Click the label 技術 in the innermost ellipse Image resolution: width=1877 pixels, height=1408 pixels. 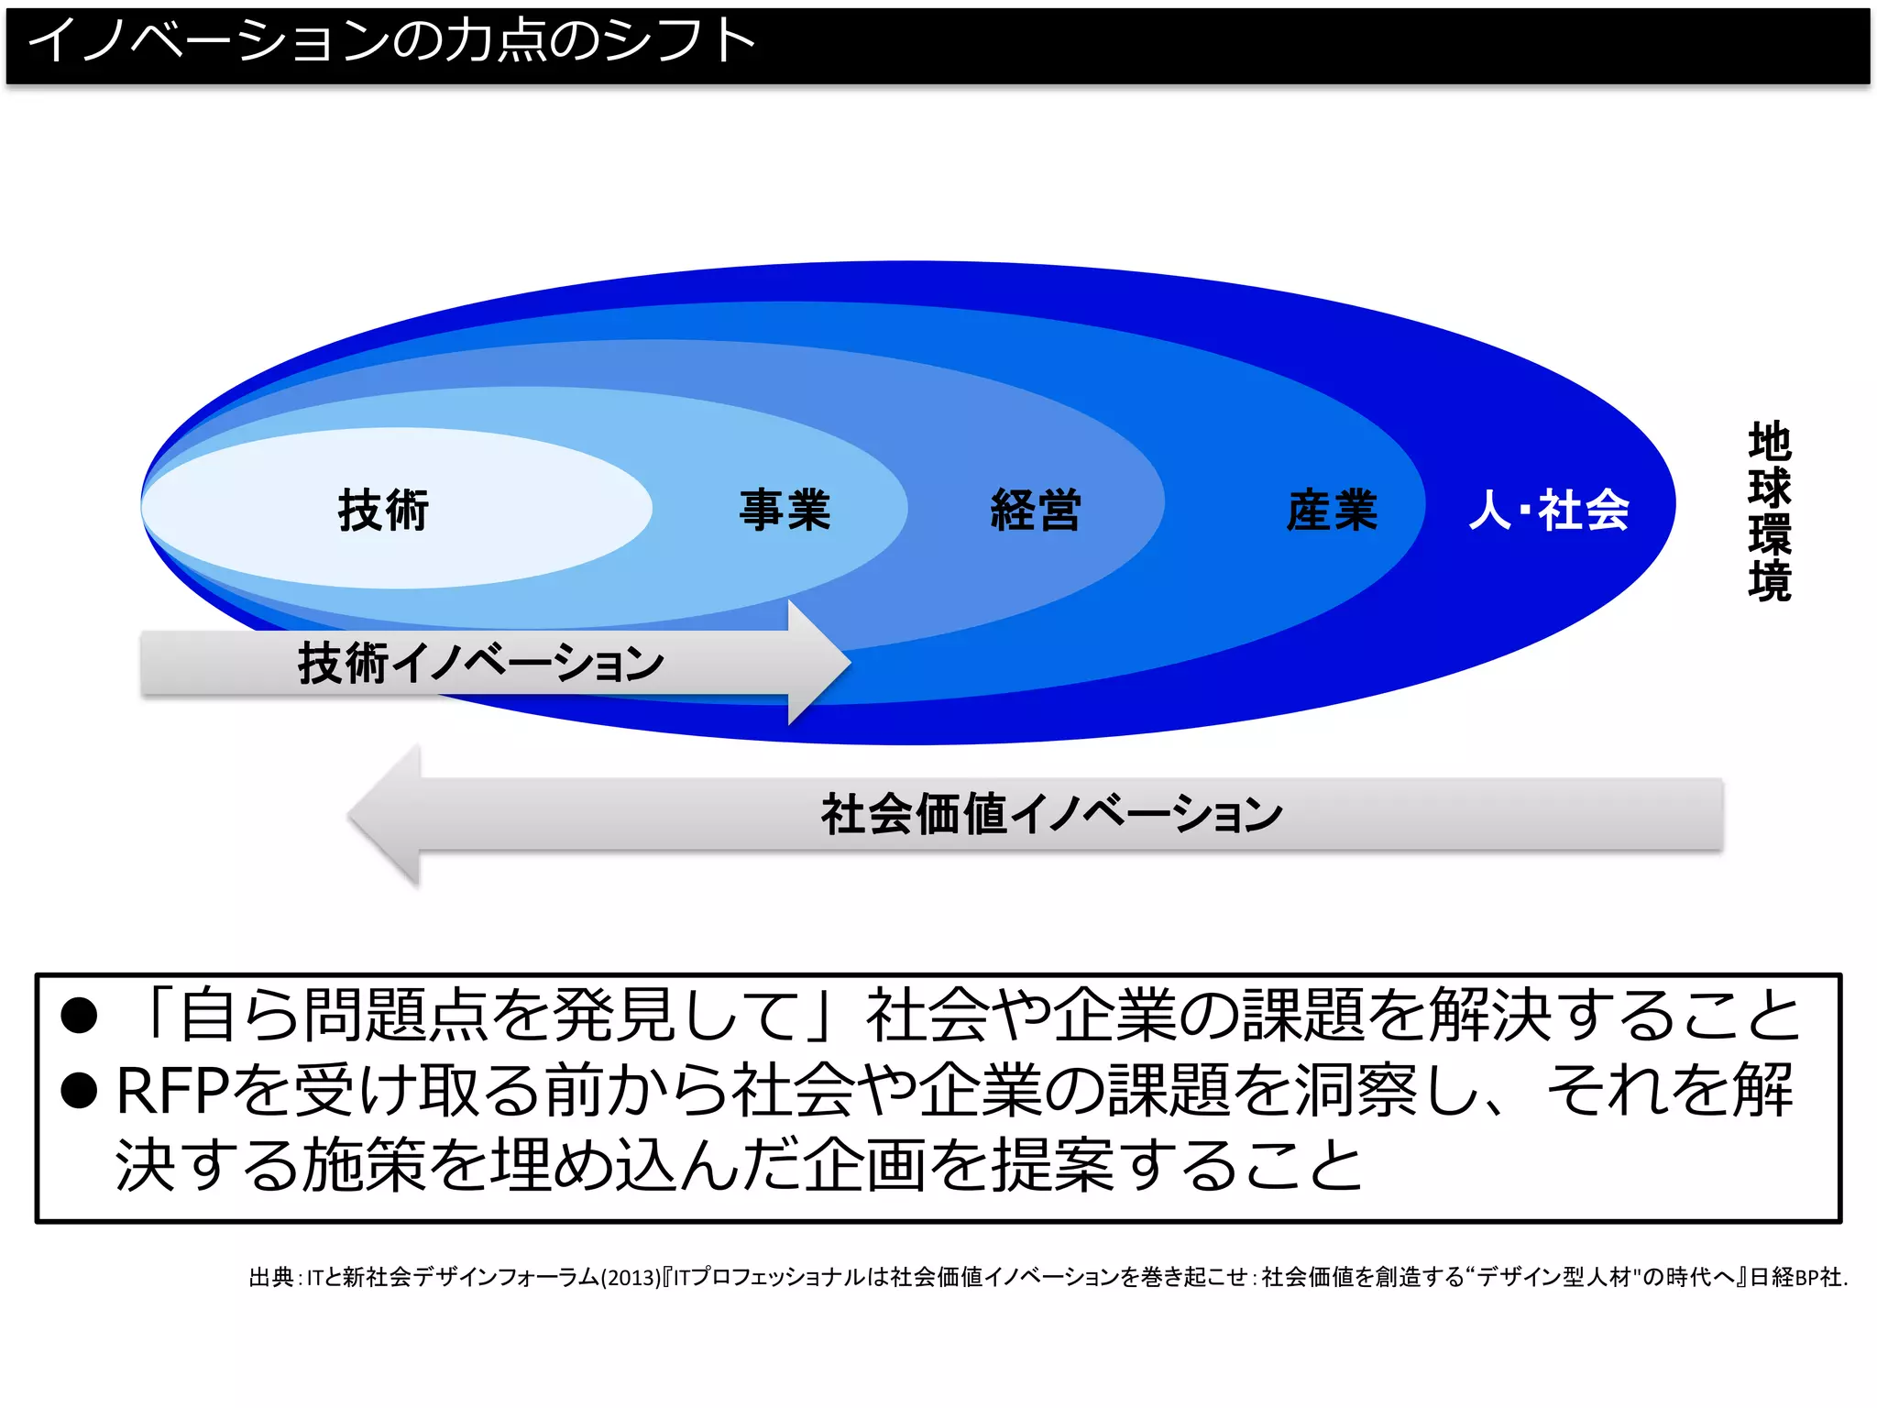(384, 510)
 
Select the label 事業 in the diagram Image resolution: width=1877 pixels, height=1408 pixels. (785, 510)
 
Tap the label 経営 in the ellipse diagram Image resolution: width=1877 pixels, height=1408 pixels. (1036, 510)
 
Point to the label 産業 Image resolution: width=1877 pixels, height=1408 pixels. (1332, 510)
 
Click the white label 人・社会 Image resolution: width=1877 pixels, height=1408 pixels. (1549, 510)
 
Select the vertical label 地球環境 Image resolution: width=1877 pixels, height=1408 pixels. (1769, 511)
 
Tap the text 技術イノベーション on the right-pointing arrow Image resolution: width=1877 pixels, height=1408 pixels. (481, 663)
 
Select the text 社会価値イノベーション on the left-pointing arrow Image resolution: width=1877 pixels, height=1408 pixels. (1051, 814)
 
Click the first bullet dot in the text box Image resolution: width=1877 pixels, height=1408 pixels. (79, 1016)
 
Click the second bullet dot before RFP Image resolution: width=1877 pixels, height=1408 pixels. (79, 1090)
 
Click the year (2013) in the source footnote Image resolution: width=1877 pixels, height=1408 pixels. (630, 1277)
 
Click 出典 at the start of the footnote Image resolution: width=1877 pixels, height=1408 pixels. (271, 1277)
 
